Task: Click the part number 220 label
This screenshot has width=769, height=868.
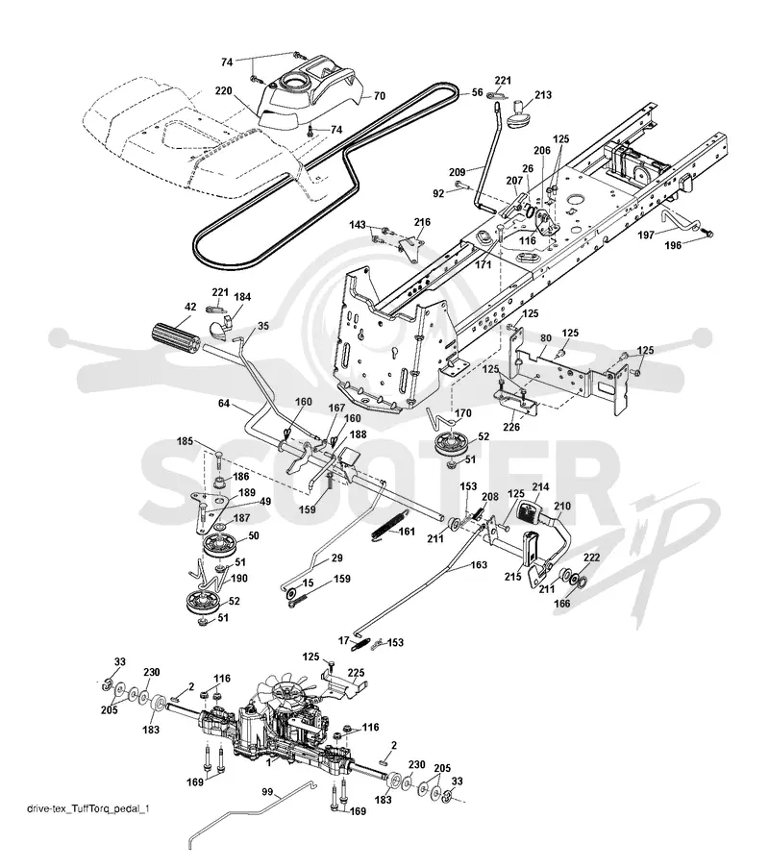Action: (223, 90)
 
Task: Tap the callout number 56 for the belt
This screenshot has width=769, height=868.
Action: (477, 92)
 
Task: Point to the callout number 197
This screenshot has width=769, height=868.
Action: (646, 236)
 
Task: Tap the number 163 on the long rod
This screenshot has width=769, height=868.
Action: (479, 564)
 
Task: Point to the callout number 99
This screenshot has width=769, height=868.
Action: (267, 792)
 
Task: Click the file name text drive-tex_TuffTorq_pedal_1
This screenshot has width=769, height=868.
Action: (88, 808)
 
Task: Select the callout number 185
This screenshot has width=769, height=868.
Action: (185, 441)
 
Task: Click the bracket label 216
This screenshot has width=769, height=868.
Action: (422, 222)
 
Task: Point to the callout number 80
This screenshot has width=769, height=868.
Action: (545, 337)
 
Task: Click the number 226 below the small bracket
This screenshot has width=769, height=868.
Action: (511, 427)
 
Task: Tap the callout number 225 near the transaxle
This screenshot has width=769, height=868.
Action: (356, 673)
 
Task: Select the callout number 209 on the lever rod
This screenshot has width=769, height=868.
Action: (457, 171)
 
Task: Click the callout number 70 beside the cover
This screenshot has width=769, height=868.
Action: (380, 96)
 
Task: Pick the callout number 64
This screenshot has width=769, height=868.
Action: (224, 403)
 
